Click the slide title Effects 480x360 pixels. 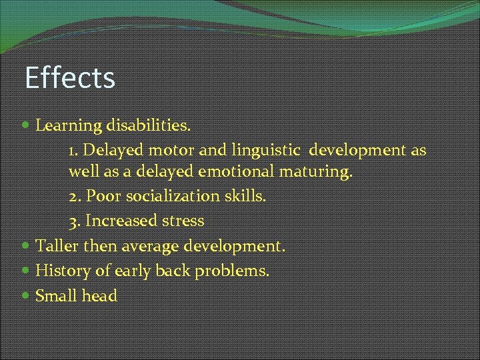(x=69, y=77)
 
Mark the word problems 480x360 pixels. (x=233, y=271)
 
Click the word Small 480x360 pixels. (x=55, y=295)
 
